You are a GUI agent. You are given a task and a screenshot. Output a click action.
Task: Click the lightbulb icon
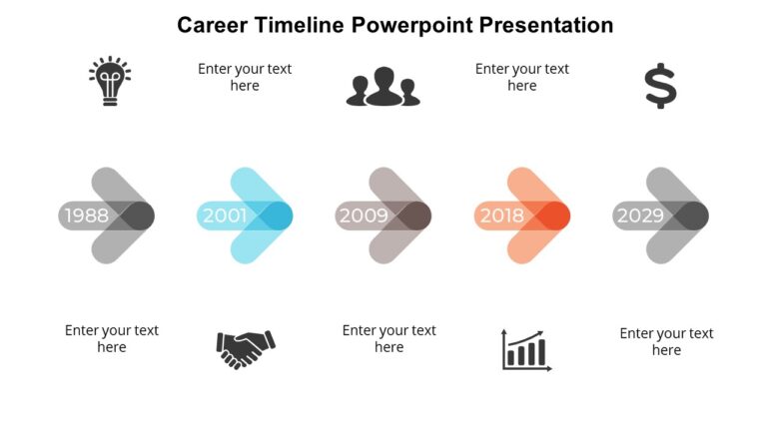point(110,82)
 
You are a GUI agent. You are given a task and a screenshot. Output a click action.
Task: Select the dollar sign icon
point(660,86)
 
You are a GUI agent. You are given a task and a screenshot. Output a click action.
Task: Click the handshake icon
point(245,348)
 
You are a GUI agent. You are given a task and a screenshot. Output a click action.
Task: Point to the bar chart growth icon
point(526,350)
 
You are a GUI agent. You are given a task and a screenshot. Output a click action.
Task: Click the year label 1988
point(86,215)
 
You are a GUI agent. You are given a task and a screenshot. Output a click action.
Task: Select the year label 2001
point(225,215)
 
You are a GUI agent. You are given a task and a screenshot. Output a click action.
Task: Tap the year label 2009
point(363,215)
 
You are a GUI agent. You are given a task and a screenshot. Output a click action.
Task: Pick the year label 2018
point(501,215)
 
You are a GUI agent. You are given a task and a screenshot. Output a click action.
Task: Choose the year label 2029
point(640,215)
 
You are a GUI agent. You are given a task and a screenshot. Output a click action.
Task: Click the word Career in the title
point(211,25)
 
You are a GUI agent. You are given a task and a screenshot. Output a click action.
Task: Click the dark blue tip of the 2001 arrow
point(277,215)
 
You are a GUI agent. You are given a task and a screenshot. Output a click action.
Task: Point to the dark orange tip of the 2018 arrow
point(554,215)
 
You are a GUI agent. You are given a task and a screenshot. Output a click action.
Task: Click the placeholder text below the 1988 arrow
point(112,338)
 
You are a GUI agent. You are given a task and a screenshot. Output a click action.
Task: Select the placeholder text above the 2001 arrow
point(245,77)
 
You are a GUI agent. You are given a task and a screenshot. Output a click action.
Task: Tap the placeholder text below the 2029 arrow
point(666,341)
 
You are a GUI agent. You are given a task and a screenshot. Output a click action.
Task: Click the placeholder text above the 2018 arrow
point(522,77)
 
